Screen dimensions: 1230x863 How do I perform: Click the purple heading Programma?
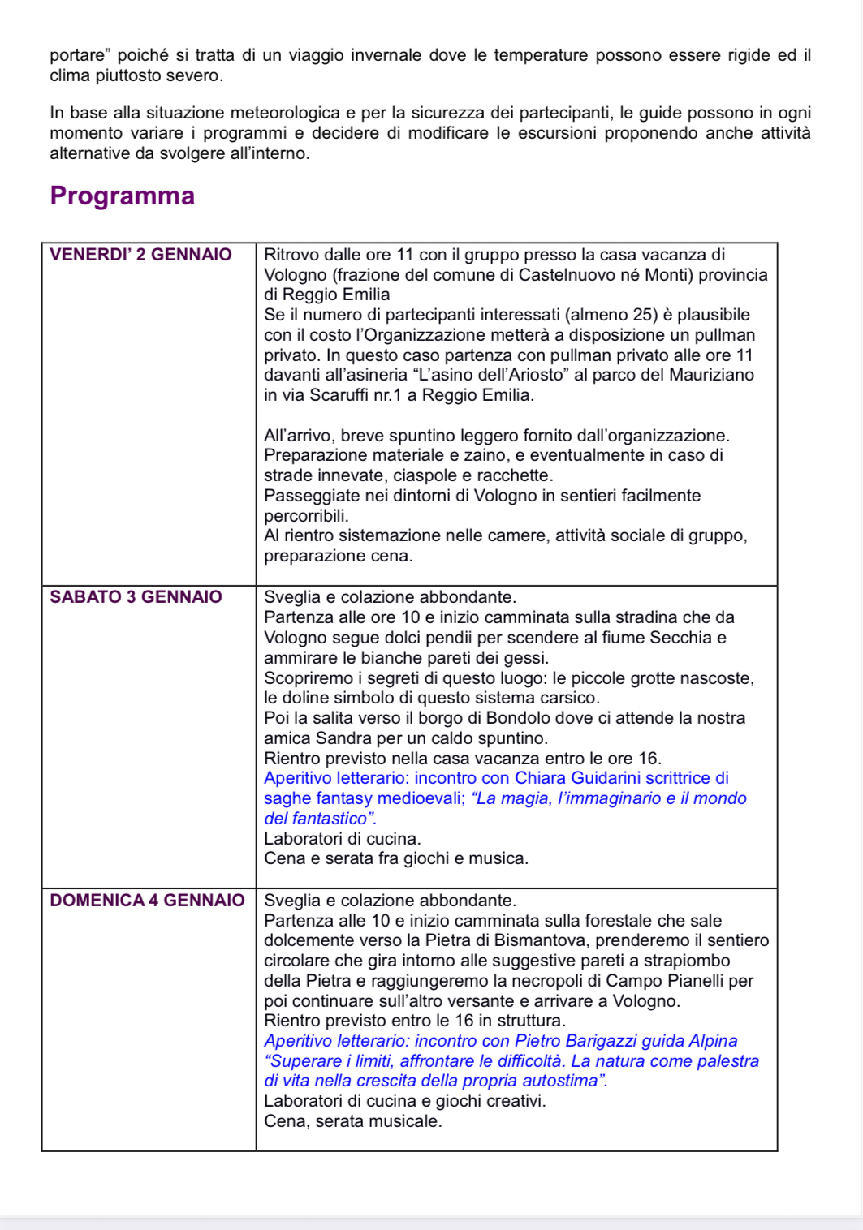coord(123,196)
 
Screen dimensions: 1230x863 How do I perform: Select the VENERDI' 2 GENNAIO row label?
coord(140,255)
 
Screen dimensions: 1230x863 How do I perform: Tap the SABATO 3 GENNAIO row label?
coord(136,597)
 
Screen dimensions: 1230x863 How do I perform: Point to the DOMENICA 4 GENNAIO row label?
coord(147,901)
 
